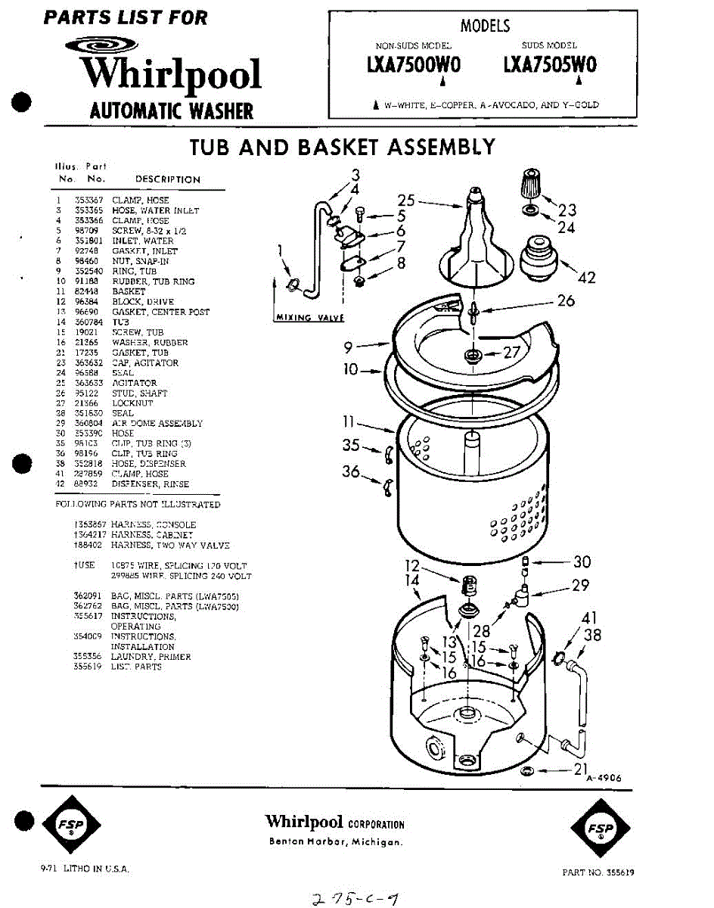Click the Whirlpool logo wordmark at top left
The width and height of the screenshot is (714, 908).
170,74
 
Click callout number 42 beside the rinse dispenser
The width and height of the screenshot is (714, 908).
586,278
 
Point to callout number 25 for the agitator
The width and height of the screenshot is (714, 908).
406,201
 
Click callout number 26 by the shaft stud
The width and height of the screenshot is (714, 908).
565,300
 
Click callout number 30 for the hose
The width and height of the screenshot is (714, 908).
582,561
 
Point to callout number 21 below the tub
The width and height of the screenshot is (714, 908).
581,769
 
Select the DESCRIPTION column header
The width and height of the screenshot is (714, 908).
168,179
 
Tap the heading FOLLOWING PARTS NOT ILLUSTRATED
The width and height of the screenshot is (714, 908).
138,504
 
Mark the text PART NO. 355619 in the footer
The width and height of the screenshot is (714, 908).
598,872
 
